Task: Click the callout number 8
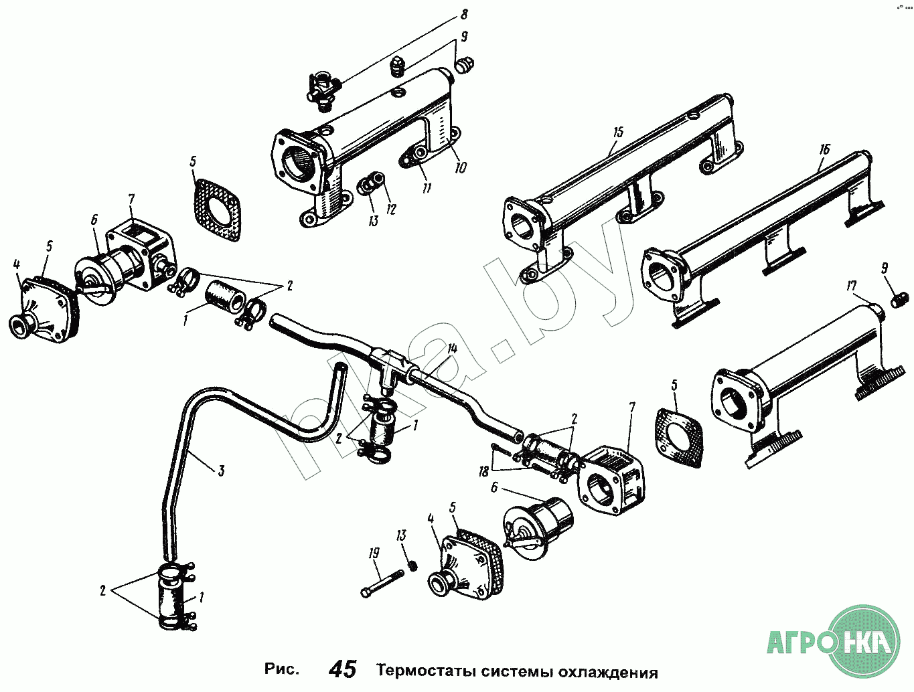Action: click(464, 15)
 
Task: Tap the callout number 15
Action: click(617, 133)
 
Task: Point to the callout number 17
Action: click(851, 286)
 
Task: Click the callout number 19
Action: click(373, 553)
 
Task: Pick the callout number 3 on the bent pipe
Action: click(220, 470)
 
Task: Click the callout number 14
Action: click(452, 348)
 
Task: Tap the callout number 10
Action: click(460, 168)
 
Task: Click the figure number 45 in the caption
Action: click(343, 669)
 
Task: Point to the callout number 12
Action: click(391, 209)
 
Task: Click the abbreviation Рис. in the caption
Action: click(281, 670)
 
